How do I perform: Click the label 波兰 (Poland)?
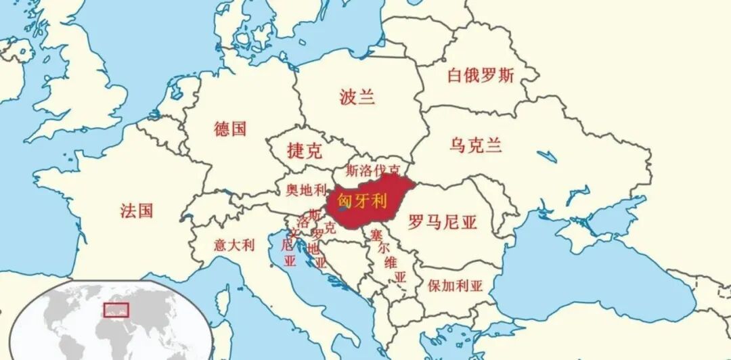tap(357, 97)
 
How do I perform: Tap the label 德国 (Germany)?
tap(230, 129)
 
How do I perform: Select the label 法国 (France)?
tap(137, 210)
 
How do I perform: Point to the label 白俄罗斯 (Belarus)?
tap(481, 75)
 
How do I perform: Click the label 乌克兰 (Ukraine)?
tap(476, 145)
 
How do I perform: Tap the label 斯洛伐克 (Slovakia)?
tap(372, 170)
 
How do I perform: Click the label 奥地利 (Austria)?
tap(306, 189)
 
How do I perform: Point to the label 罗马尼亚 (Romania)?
tap(443, 223)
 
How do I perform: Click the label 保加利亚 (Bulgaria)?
tap(455, 285)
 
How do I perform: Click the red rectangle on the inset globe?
tap(116, 310)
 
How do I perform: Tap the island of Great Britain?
tap(81, 74)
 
